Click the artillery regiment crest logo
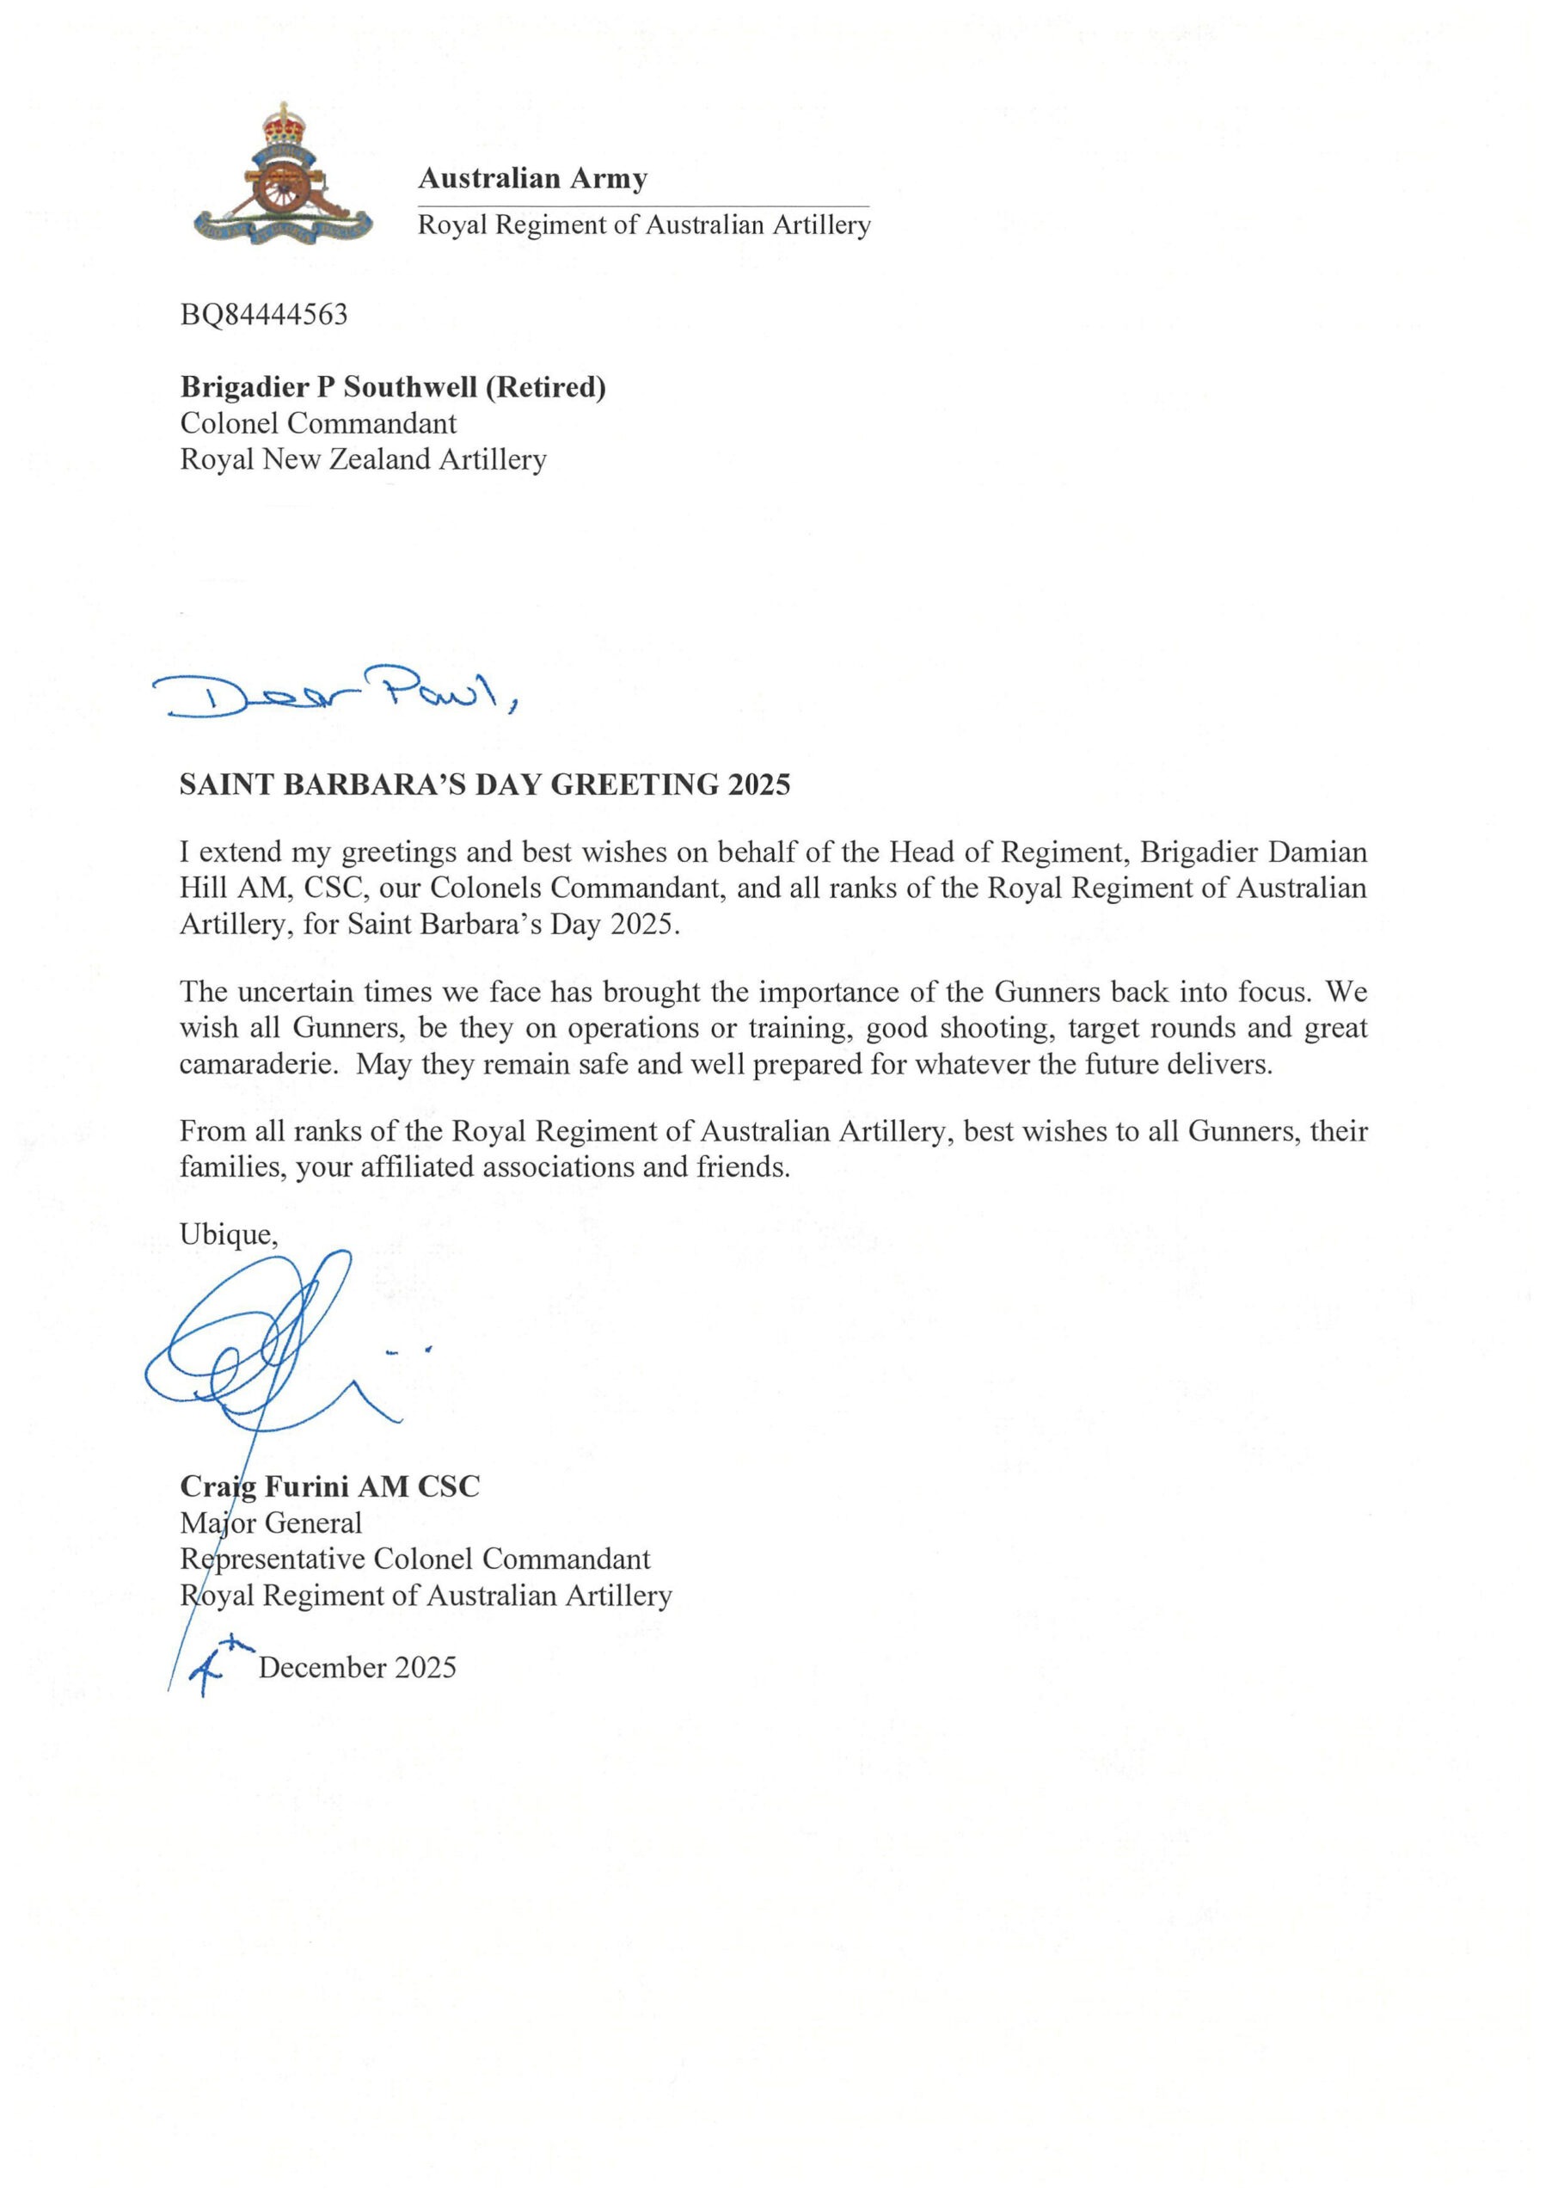pos(282,177)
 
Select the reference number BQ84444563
pos(264,315)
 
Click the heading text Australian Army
pos(532,178)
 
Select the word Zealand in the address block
pos(380,459)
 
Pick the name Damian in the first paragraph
pos(1319,852)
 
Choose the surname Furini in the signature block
pos(307,1487)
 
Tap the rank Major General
pos(271,1523)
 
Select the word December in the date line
pos(322,1669)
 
